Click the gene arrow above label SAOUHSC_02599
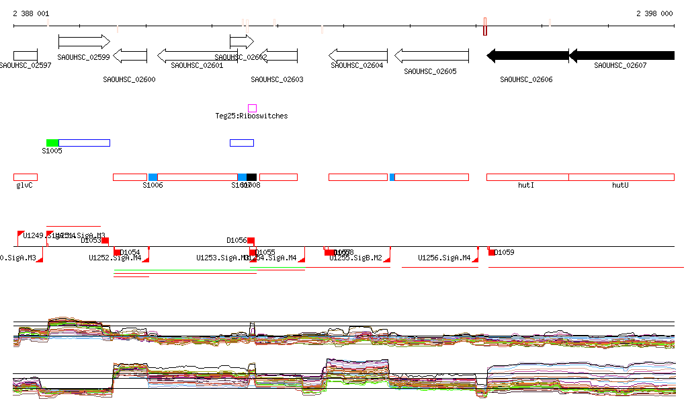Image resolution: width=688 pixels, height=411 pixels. [84, 42]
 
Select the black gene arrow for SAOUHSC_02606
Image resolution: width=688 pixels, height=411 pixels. [527, 55]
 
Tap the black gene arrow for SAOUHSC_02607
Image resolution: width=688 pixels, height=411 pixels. [621, 55]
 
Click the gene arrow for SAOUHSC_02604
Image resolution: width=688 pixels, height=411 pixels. [355, 55]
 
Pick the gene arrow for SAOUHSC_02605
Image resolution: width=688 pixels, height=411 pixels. [431, 55]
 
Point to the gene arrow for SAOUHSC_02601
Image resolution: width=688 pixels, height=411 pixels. [193, 55]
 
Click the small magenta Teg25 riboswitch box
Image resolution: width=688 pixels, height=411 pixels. [252, 108]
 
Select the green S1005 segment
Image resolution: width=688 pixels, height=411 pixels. [52, 143]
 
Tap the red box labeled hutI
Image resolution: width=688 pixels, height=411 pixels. [527, 177]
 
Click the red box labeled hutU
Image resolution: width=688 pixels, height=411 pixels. [621, 177]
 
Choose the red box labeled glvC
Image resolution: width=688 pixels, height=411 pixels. [26, 177]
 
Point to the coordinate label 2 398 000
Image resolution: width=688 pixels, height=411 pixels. [654, 13]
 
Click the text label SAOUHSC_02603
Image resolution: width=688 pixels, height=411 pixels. [277, 79]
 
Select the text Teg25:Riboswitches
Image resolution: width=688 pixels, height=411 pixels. [251, 116]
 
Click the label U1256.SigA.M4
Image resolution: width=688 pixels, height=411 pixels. [444, 258]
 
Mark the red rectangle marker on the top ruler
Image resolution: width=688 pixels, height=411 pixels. [485, 27]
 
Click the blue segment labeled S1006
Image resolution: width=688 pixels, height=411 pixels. [153, 177]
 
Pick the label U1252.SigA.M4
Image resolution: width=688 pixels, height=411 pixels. [115, 258]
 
